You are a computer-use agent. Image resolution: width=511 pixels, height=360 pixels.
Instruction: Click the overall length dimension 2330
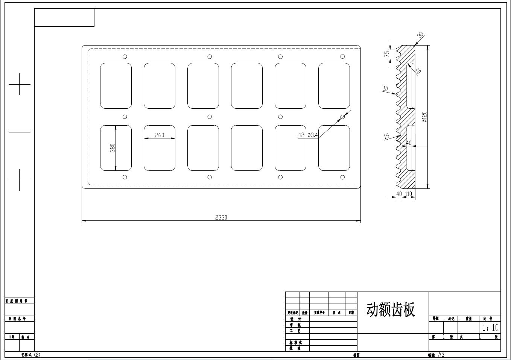(x=221, y=217)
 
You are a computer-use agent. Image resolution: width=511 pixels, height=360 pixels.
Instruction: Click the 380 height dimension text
(x=113, y=148)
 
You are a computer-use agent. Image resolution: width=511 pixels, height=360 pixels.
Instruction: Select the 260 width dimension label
(x=160, y=135)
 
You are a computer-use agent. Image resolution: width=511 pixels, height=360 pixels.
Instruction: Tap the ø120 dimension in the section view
(x=424, y=117)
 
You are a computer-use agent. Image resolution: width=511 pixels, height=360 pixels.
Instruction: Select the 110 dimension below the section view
(x=409, y=194)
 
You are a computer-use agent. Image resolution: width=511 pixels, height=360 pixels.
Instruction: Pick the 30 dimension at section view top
(x=421, y=35)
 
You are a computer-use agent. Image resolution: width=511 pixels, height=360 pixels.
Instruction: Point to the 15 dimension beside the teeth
(x=386, y=136)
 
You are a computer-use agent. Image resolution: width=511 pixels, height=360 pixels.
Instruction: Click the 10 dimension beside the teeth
(x=385, y=89)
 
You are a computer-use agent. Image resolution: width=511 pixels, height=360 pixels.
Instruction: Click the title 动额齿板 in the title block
(x=391, y=310)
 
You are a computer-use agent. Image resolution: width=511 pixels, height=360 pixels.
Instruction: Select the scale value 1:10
(x=490, y=328)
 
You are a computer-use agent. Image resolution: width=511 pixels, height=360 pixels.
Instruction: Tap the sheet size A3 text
(x=441, y=355)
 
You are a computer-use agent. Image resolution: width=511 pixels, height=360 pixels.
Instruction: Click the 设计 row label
(x=296, y=319)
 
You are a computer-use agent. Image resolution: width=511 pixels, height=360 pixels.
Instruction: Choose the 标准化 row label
(x=296, y=343)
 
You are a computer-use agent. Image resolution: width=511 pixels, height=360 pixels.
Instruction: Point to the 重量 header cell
(x=468, y=319)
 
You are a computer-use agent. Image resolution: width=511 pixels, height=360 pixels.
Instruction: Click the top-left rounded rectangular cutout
(x=116, y=86)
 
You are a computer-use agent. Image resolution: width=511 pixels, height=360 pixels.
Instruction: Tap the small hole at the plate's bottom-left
(x=125, y=177)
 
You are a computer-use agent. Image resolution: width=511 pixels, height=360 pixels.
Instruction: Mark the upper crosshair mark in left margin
(x=20, y=84)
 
